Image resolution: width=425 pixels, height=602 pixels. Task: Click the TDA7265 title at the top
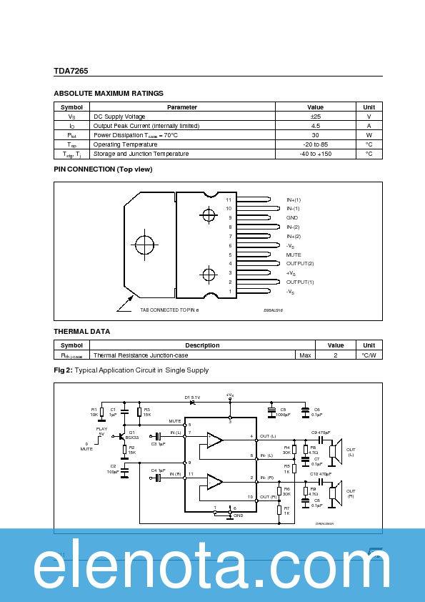pyautogui.click(x=71, y=71)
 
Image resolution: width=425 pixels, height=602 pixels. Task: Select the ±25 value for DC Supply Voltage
pyautogui.click(x=315, y=117)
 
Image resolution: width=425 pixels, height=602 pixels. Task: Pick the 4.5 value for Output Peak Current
pyautogui.click(x=315, y=126)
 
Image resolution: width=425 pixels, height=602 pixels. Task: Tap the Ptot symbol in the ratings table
pyautogui.click(x=71, y=135)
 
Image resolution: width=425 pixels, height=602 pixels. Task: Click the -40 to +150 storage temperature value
pyautogui.click(x=315, y=154)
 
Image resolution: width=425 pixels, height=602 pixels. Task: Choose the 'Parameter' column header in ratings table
pyautogui.click(x=182, y=107)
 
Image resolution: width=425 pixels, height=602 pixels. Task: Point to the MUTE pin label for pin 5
pyautogui.click(x=294, y=255)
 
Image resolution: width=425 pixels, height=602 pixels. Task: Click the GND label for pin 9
pyautogui.click(x=292, y=217)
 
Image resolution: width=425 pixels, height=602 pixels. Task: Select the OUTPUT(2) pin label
pyautogui.click(x=300, y=264)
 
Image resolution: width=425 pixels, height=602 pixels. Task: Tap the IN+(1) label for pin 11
pyautogui.click(x=294, y=199)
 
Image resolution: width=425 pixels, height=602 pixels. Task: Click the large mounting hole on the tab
pyautogui.click(x=144, y=245)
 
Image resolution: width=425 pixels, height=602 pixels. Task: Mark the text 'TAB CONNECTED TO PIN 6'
pyautogui.click(x=169, y=310)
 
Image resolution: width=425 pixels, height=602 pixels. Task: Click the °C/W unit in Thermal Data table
pyautogui.click(x=369, y=355)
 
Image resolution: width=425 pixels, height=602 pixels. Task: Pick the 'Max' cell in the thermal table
pyautogui.click(x=305, y=355)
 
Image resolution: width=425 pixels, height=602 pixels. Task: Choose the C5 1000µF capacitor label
pyautogui.click(x=283, y=412)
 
